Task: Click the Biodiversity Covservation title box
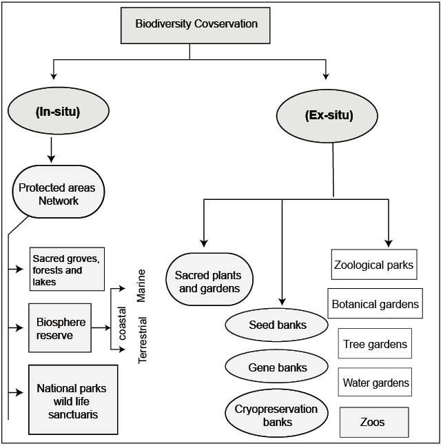click(x=196, y=25)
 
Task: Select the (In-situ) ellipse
click(x=59, y=112)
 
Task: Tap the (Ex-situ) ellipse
click(x=329, y=115)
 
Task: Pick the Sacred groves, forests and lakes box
click(x=66, y=270)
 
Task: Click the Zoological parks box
click(x=373, y=265)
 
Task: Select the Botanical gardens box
click(x=375, y=303)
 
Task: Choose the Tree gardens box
click(x=375, y=343)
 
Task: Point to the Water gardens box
click(x=375, y=382)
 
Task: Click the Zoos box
click(x=374, y=421)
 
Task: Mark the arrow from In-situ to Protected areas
click(x=51, y=148)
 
